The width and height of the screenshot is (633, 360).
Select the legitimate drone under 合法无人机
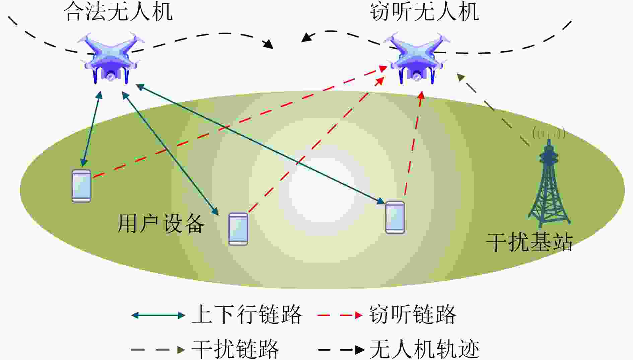[111, 58]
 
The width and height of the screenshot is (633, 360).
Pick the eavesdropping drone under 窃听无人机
[417, 58]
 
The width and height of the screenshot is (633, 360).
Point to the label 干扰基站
[529, 242]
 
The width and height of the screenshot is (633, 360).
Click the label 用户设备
[161, 223]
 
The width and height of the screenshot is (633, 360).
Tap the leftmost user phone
[81, 186]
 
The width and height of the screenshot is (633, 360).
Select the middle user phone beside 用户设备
[238, 229]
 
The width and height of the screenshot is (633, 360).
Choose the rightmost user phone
[395, 217]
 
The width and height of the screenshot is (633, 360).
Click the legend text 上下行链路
[247, 314]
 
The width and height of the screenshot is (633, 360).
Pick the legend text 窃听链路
[413, 314]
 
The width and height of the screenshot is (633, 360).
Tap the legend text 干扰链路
[235, 349]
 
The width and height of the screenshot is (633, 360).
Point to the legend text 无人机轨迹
[424, 349]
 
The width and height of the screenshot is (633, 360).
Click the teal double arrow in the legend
[158, 315]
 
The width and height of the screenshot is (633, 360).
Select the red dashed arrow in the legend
[340, 315]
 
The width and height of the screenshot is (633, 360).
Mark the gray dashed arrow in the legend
[158, 350]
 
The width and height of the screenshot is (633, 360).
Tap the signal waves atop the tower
[549, 133]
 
